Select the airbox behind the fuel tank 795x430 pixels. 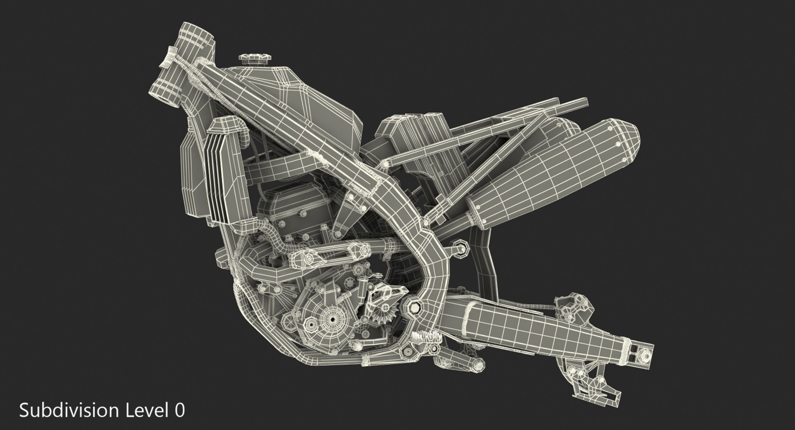click(418, 133)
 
